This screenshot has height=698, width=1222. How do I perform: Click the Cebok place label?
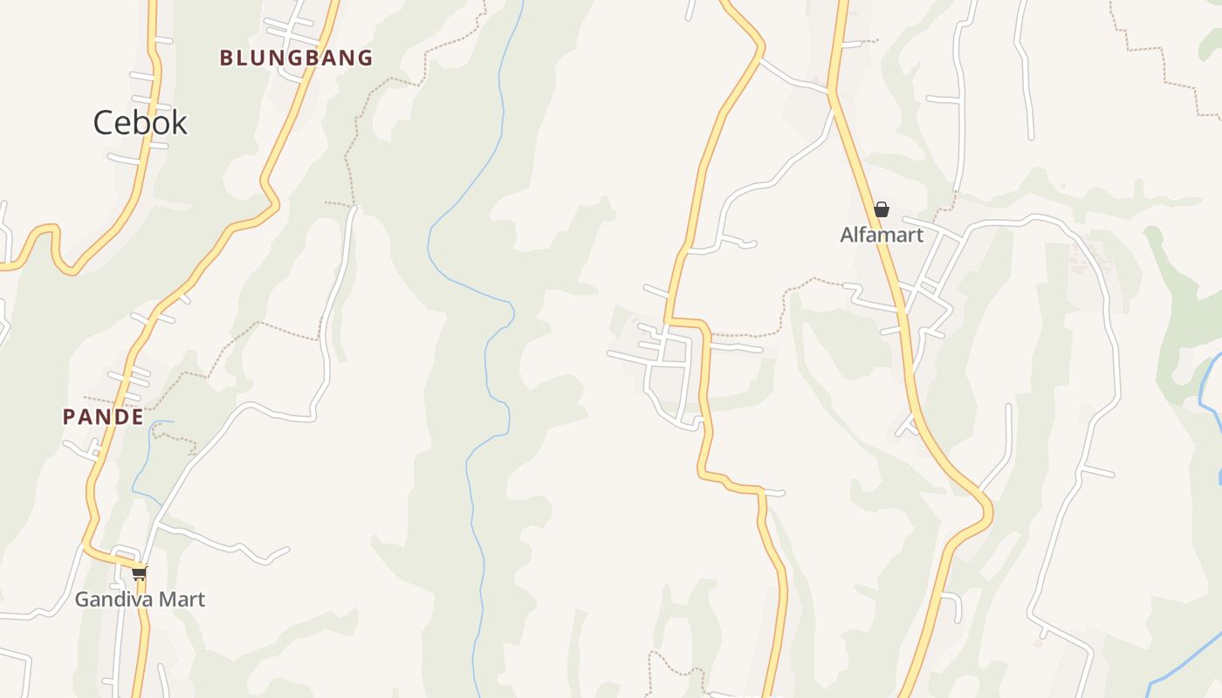click(140, 123)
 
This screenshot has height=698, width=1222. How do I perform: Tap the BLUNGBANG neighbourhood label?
click(296, 58)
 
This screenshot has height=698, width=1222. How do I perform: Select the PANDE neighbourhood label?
click(103, 417)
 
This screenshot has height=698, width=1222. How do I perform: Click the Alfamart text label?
click(882, 235)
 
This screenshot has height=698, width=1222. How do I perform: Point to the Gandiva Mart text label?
click(140, 599)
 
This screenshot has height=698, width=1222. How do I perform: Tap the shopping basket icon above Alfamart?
click(882, 209)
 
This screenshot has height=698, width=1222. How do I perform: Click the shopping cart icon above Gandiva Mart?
click(140, 573)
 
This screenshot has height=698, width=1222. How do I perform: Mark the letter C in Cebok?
click(104, 123)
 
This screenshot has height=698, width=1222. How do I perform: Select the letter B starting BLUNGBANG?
click(225, 58)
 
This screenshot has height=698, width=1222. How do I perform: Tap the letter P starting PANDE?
click(68, 417)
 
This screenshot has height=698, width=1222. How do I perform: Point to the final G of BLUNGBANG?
click(366, 58)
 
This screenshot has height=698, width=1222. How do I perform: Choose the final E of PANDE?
click(137, 417)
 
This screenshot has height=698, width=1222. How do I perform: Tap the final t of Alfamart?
click(919, 235)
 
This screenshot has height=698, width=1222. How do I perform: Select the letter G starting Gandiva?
click(82, 599)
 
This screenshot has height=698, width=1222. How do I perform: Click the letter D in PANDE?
click(120, 417)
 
